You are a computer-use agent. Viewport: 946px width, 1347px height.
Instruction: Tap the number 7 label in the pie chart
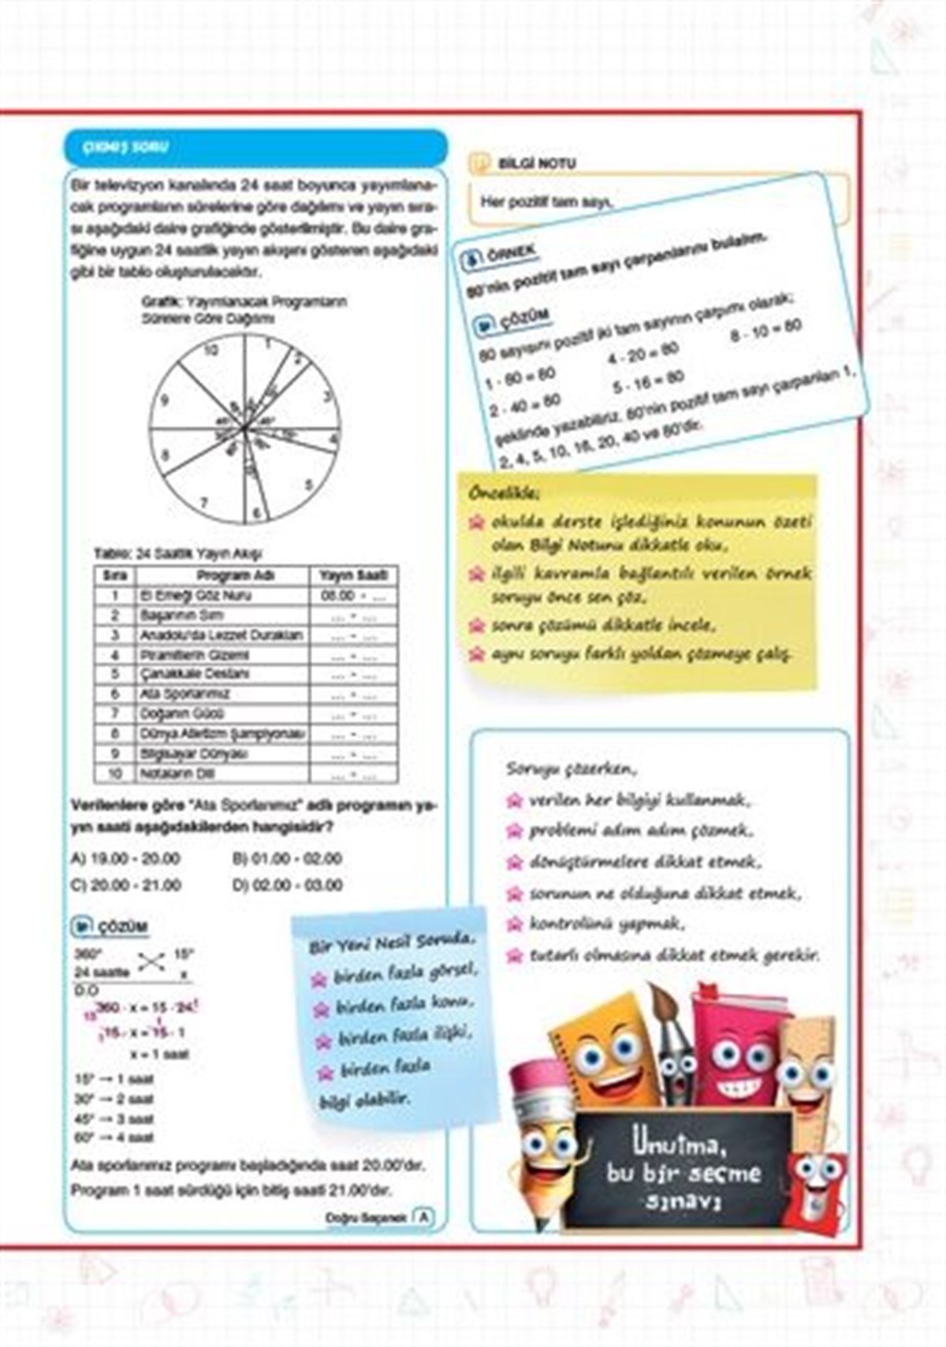tap(204, 502)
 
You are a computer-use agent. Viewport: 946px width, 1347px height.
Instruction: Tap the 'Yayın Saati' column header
tap(354, 575)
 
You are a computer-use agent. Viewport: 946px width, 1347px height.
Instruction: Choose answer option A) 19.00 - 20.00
tap(125, 858)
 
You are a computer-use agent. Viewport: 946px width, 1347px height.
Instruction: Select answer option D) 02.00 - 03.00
tap(289, 885)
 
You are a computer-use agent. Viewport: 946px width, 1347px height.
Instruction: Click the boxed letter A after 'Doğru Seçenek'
tap(424, 1217)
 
